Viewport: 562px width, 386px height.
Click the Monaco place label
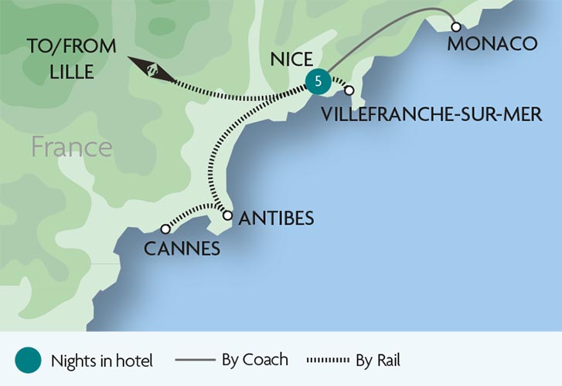(x=492, y=44)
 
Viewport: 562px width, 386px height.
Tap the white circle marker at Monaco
(x=456, y=27)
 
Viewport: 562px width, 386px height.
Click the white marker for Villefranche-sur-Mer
(x=349, y=90)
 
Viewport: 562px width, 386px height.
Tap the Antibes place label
(x=276, y=218)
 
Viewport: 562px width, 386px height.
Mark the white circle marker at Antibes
(x=227, y=215)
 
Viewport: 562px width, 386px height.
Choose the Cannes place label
(x=182, y=249)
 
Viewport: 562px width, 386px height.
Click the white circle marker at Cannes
(x=165, y=229)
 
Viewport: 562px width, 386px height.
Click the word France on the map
(x=72, y=147)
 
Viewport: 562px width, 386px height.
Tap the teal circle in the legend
(x=28, y=360)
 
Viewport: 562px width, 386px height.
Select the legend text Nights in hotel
(x=102, y=361)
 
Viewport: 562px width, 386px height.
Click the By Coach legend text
(x=254, y=359)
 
